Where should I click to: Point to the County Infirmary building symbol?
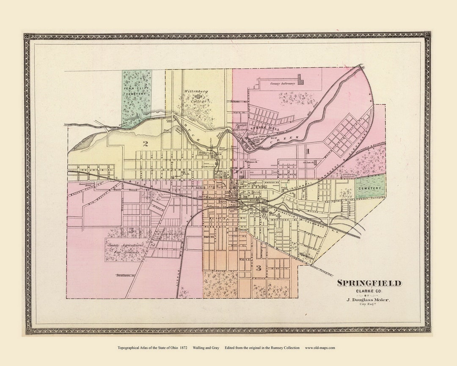301,79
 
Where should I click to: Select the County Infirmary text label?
282,84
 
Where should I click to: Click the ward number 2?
145,144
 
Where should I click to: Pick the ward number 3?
258,268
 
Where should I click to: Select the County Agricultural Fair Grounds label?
125,249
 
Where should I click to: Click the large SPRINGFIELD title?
369,283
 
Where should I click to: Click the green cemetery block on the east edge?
370,187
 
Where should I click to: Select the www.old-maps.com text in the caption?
320,348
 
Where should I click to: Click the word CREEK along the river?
291,139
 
